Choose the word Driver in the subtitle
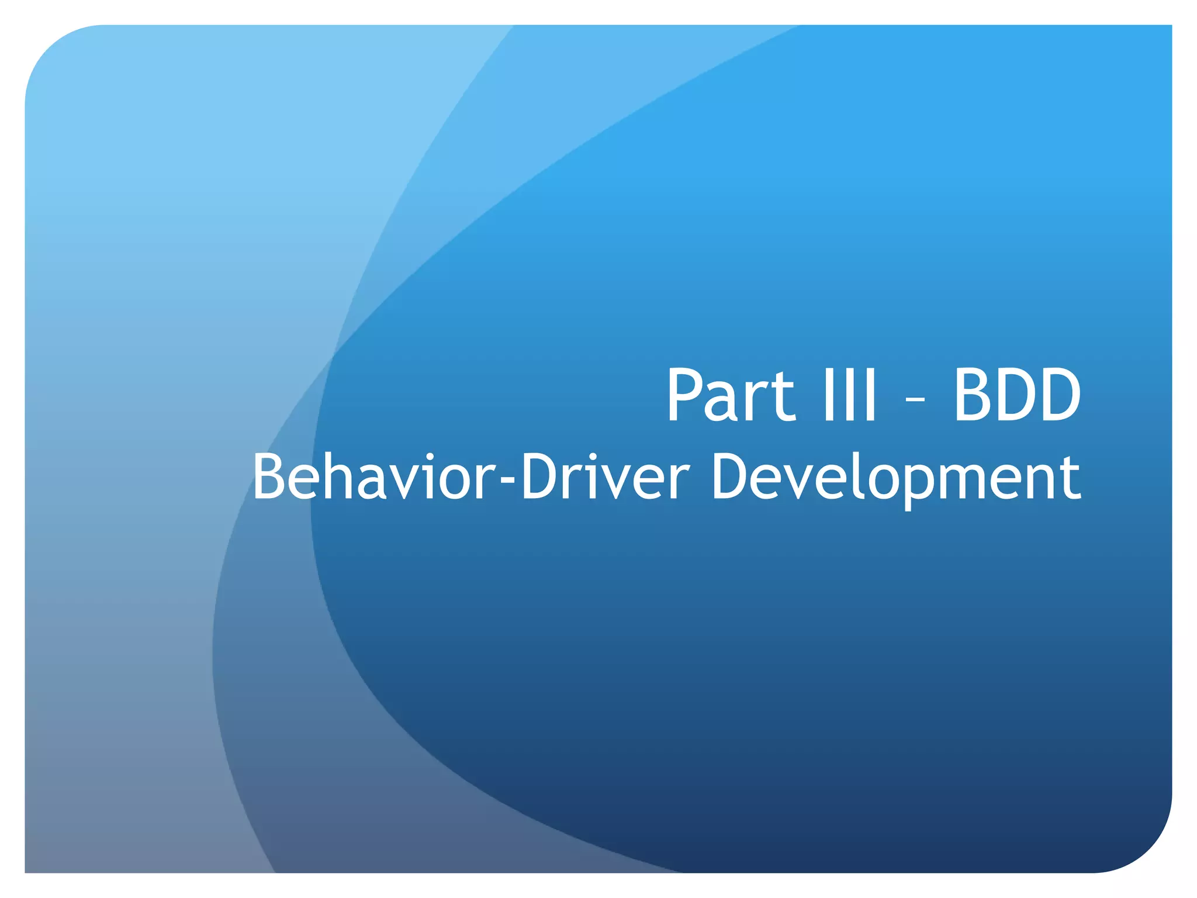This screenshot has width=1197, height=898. (606, 478)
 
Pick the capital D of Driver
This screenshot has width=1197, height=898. (542, 478)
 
